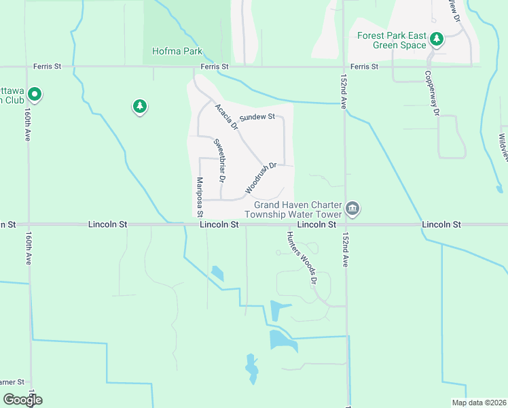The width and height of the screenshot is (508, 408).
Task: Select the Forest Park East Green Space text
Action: point(399,40)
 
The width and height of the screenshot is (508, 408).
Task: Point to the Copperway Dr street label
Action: point(429,92)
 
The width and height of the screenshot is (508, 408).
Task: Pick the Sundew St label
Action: point(257,117)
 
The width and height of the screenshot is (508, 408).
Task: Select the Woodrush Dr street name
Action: point(261,176)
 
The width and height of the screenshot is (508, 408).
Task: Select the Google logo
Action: point(22,400)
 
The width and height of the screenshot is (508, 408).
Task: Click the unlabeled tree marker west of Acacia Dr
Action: point(140,106)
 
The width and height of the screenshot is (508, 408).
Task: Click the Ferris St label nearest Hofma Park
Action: point(215,67)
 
